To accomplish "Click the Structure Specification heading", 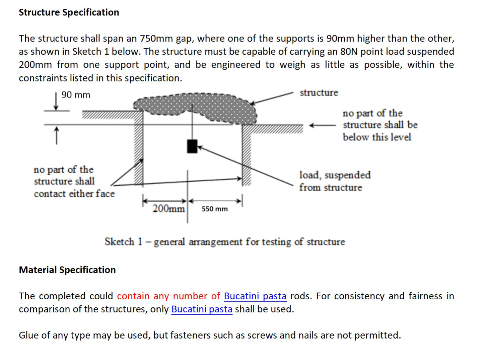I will tap(69, 12).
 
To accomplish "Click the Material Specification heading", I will tap(67, 270).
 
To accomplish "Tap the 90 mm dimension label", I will tap(76, 95).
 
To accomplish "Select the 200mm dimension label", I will tap(168, 209).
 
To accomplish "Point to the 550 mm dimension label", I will tap(214, 209).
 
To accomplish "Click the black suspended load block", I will tap(192, 146).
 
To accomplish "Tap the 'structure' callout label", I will tap(319, 93).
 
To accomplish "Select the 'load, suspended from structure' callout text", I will tap(335, 181).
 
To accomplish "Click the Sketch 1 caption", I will tap(224, 242).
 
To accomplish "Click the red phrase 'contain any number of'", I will tap(168, 296).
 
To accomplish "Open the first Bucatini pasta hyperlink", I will tap(255, 296).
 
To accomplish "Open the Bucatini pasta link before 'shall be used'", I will tap(202, 309).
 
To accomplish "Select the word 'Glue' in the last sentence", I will tap(28, 335).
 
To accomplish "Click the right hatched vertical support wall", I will tap(247, 154).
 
